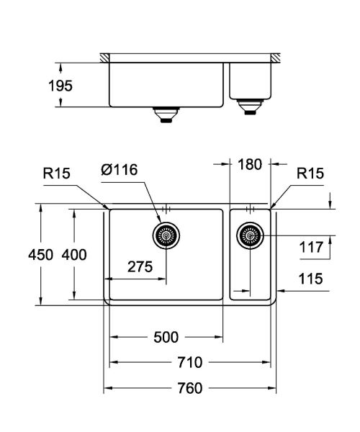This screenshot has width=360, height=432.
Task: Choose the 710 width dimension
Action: click(189, 362)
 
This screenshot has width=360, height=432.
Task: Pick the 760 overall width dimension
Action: click(189, 389)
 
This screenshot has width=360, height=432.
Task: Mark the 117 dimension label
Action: click(311, 248)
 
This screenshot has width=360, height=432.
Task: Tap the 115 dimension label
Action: click(311, 278)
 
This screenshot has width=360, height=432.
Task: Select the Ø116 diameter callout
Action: click(120, 170)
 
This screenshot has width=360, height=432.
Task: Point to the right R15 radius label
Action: click(311, 173)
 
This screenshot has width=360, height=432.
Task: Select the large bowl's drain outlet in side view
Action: click(166, 114)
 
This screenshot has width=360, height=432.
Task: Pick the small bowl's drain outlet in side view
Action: click(251, 108)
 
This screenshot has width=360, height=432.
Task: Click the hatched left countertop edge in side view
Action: click(105, 56)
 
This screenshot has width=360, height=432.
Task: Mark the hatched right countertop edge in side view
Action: click(275, 56)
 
